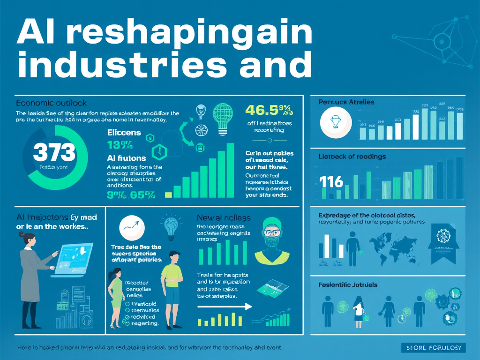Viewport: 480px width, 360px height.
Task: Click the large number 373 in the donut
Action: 54,152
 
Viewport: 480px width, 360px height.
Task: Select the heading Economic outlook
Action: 51,103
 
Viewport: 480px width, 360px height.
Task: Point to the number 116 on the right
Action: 331,181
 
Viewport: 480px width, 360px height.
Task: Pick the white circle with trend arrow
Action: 133,227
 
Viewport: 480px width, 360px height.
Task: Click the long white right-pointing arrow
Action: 225,307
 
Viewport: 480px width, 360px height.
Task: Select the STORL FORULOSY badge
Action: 434,347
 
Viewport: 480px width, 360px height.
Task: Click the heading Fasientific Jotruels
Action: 348,285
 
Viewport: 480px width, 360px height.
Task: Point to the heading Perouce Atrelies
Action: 346,102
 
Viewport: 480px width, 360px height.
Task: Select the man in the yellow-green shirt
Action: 172,286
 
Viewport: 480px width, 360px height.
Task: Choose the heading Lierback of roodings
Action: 352,156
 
